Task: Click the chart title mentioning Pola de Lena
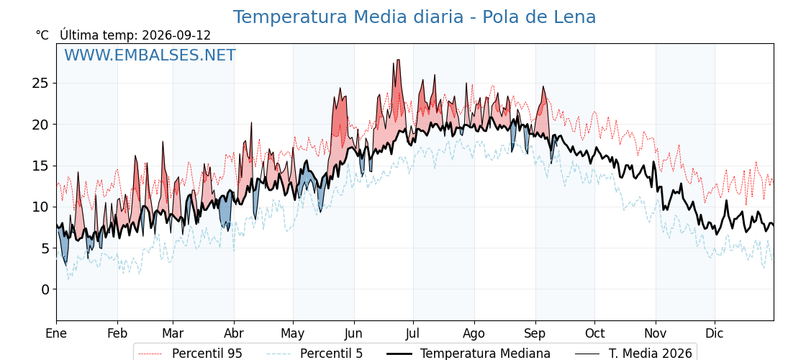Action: (x=415, y=17)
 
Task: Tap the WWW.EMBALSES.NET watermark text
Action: (x=150, y=55)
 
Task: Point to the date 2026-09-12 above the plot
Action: (x=176, y=35)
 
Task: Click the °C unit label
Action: (x=42, y=35)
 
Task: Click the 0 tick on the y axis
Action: (x=46, y=289)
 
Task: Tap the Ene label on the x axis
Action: (x=56, y=333)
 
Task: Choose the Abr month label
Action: (x=234, y=333)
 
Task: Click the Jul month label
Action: (x=413, y=333)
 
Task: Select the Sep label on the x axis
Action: (x=535, y=334)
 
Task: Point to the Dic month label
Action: (x=715, y=333)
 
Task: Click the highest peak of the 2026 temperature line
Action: (x=398, y=60)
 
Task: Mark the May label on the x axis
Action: (x=292, y=334)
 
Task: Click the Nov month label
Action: (x=656, y=333)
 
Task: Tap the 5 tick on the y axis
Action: (x=46, y=248)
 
